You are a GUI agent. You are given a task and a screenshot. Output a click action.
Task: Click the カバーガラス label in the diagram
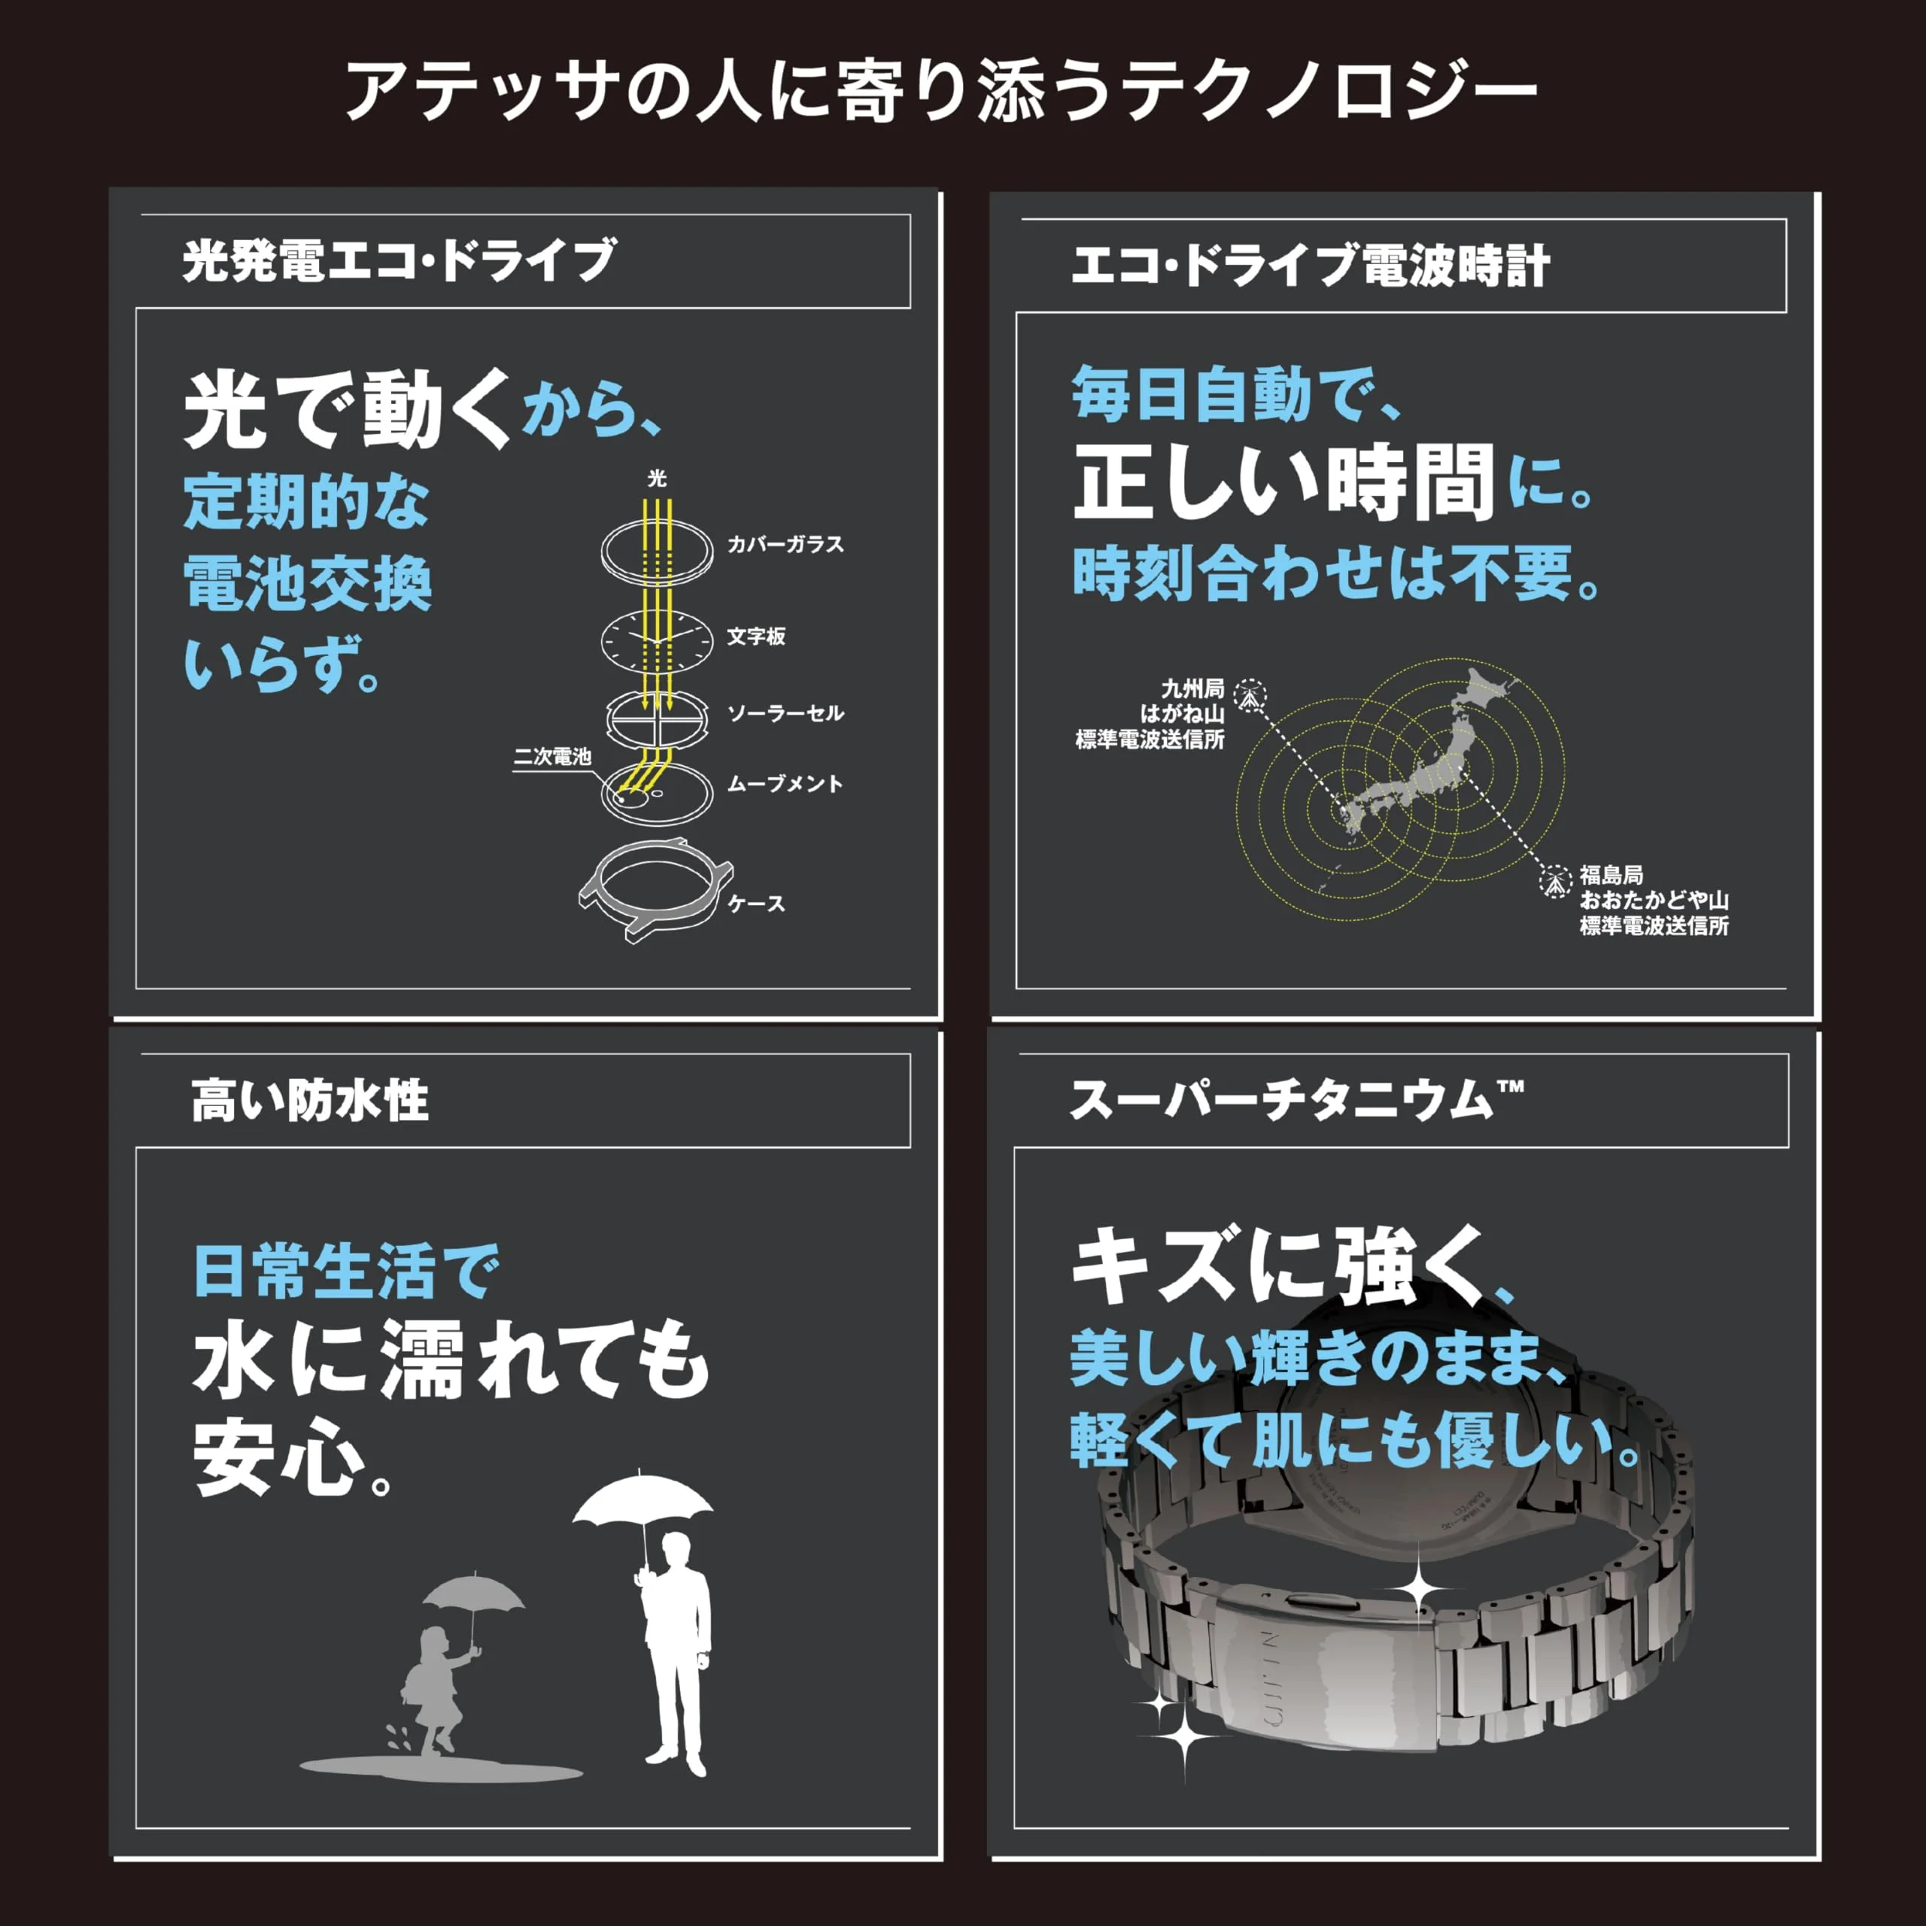pyautogui.click(x=785, y=544)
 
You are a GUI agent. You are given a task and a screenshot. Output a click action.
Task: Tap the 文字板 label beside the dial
pyautogui.click(x=755, y=636)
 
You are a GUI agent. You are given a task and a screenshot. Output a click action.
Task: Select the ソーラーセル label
pyautogui.click(x=785, y=712)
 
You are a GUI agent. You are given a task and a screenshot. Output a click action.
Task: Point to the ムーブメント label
pyautogui.click(x=785, y=783)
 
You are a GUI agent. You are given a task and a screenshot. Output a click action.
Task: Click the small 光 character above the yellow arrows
pyautogui.click(x=657, y=478)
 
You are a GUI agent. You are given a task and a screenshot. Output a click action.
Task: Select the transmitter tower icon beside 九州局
pyautogui.click(x=1250, y=695)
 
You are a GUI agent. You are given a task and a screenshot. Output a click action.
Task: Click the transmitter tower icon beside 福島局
pyautogui.click(x=1554, y=880)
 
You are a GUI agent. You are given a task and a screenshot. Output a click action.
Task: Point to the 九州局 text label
pyautogui.click(x=1192, y=688)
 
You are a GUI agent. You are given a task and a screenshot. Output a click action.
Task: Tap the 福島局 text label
pyautogui.click(x=1611, y=874)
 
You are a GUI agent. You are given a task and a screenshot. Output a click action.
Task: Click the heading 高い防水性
pyautogui.click(x=309, y=1101)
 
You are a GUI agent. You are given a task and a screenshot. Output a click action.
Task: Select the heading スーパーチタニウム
pyautogui.click(x=1296, y=1101)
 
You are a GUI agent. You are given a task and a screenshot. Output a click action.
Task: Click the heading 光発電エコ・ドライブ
pyautogui.click(x=399, y=261)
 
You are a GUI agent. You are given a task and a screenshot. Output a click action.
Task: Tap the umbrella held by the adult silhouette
pyautogui.click(x=643, y=1499)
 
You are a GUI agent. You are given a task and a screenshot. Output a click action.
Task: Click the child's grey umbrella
pyautogui.click(x=473, y=1593)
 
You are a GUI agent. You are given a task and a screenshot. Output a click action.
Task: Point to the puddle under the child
pyautogui.click(x=441, y=1769)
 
